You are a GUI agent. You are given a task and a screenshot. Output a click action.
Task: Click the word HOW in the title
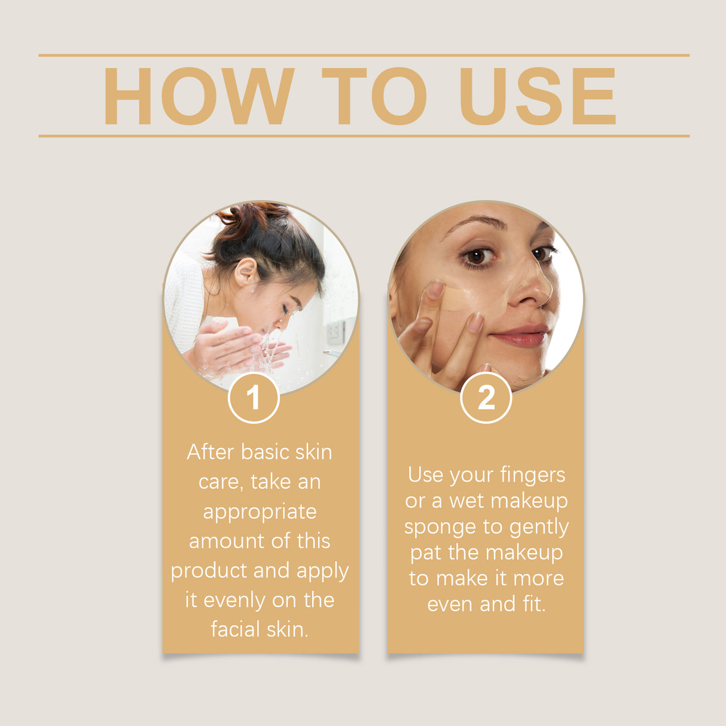(x=199, y=96)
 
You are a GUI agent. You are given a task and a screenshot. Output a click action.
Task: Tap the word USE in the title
(x=537, y=96)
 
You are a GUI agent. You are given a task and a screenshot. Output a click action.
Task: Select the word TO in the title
(x=374, y=96)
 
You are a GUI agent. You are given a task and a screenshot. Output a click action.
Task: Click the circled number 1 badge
(x=254, y=398)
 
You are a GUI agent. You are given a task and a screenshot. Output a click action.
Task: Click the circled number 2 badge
(x=486, y=398)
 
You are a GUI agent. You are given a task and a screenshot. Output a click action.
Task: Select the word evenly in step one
(x=235, y=600)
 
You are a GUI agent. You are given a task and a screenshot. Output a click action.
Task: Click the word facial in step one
(x=235, y=629)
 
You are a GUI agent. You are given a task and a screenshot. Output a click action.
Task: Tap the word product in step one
(x=209, y=571)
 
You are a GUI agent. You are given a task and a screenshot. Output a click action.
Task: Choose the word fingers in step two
(x=532, y=475)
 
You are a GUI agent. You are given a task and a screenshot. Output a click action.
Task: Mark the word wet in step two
(x=465, y=501)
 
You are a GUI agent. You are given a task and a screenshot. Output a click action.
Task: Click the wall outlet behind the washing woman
(x=335, y=332)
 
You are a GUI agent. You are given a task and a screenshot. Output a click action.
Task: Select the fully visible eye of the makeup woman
(x=477, y=256)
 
